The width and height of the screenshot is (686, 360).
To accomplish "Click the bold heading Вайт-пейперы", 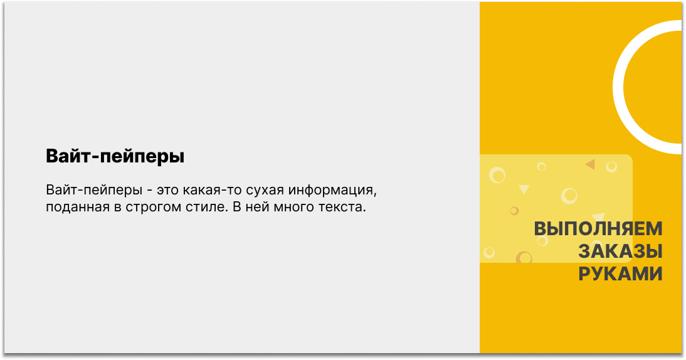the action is (115, 156).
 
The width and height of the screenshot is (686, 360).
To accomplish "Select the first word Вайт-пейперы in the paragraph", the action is (94, 190).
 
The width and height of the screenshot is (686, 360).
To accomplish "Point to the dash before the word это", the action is (150, 191).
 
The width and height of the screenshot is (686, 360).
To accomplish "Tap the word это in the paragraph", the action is (167, 191).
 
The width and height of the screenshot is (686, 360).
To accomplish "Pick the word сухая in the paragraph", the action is (264, 191).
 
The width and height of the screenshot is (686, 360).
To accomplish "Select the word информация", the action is (332, 191).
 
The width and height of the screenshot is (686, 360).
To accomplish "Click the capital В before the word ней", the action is (236, 206).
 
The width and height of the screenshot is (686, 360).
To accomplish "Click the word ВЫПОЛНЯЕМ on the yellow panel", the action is (598, 228).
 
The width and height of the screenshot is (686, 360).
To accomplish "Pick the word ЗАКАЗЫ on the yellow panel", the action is (620, 251).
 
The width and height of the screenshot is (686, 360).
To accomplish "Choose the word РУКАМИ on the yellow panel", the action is (620, 274).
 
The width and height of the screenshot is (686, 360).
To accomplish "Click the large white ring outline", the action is (618, 87).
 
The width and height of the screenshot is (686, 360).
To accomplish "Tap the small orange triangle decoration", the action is (591, 164).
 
